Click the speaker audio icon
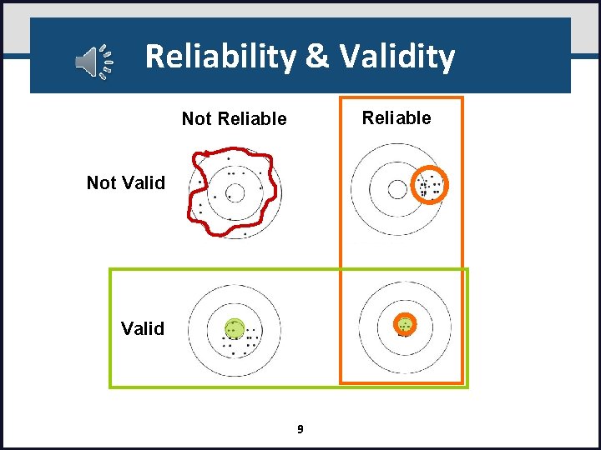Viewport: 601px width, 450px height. [x=93, y=62]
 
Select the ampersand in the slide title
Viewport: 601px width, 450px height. [x=316, y=57]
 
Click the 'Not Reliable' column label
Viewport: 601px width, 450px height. [x=234, y=119]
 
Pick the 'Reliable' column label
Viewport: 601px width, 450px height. [x=396, y=118]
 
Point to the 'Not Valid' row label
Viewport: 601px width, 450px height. [x=126, y=182]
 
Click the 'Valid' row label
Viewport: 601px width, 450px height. [x=143, y=328]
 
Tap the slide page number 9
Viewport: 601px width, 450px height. [x=300, y=429]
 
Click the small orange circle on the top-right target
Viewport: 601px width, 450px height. [x=432, y=185]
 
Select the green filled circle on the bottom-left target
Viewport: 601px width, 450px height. [x=235, y=328]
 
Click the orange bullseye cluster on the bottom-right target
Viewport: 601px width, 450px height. [x=405, y=324]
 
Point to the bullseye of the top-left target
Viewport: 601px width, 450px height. [x=235, y=193]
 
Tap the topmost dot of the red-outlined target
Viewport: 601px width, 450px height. [x=228, y=158]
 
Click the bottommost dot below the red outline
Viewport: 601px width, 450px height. [x=245, y=235]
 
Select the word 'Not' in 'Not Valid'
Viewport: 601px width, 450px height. [x=103, y=182]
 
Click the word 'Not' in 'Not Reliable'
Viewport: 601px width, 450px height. [x=197, y=119]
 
